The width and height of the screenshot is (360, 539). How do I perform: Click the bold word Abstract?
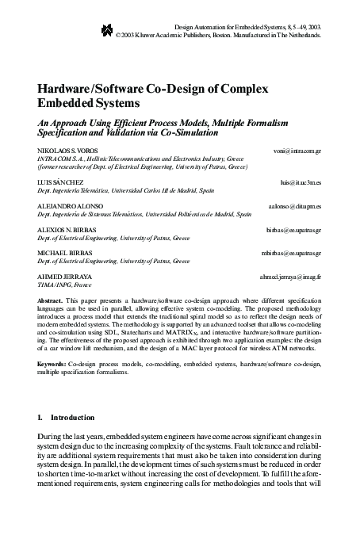coord(51,302)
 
